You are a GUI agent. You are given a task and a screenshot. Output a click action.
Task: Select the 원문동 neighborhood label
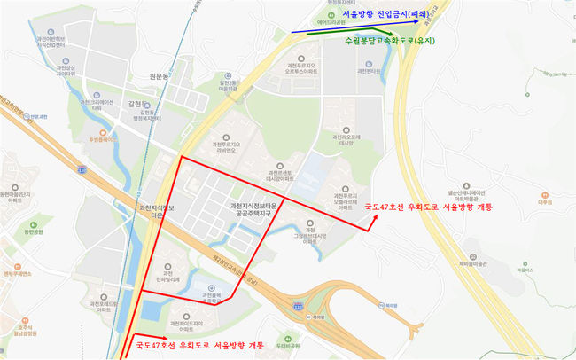tap(160, 77)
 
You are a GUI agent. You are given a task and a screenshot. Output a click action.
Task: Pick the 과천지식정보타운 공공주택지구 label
tap(252, 208)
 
